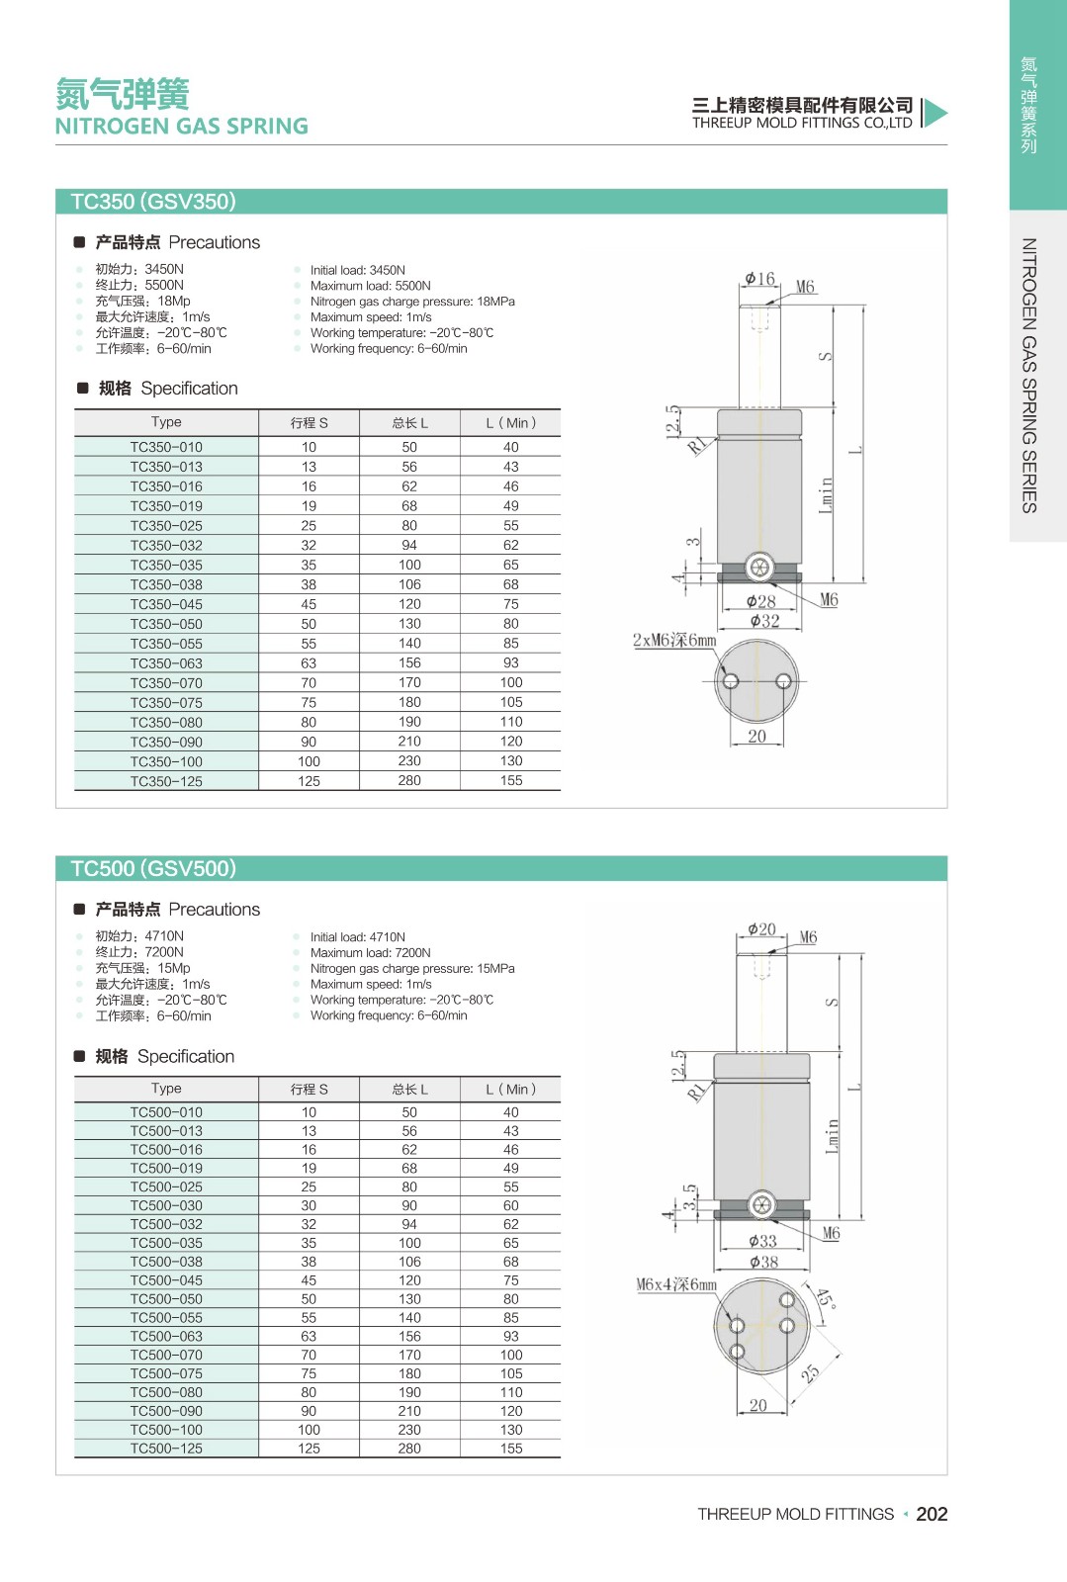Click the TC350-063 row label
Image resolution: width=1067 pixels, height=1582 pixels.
pyautogui.click(x=166, y=663)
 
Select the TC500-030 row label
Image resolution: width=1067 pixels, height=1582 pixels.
pyautogui.click(x=166, y=1205)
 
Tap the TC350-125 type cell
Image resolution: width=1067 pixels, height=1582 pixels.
pyautogui.click(x=166, y=781)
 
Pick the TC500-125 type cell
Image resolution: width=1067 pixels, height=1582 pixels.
pyautogui.click(x=166, y=1449)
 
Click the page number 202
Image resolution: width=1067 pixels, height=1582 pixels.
pyautogui.click(x=932, y=1514)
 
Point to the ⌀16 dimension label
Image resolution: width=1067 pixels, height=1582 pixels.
pyautogui.click(x=759, y=279)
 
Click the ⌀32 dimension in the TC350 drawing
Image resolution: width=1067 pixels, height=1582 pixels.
pyautogui.click(x=764, y=621)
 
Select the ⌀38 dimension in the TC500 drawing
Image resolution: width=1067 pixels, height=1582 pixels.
pyautogui.click(x=763, y=1262)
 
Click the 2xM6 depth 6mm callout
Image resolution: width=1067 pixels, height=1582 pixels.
pyautogui.click(x=673, y=640)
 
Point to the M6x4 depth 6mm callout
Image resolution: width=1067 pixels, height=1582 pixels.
pyautogui.click(x=675, y=1284)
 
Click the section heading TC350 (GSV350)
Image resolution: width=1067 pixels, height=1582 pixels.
pyautogui.click(x=153, y=202)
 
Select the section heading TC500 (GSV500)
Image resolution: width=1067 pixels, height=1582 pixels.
pyautogui.click(x=153, y=868)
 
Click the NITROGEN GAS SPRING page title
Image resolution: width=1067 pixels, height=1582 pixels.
pyautogui.click(x=182, y=127)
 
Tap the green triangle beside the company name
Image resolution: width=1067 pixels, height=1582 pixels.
pyautogui.click(x=935, y=113)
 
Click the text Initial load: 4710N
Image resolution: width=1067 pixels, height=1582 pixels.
pyautogui.click(x=357, y=937)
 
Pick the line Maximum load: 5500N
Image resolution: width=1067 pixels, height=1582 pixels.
pyautogui.click(x=370, y=286)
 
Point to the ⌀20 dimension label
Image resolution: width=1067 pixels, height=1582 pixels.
pyautogui.click(x=761, y=929)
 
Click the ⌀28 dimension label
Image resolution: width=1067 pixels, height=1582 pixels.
pyautogui.click(x=760, y=601)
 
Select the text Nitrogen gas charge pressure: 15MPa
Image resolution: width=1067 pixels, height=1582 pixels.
pyautogui.click(x=412, y=969)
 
